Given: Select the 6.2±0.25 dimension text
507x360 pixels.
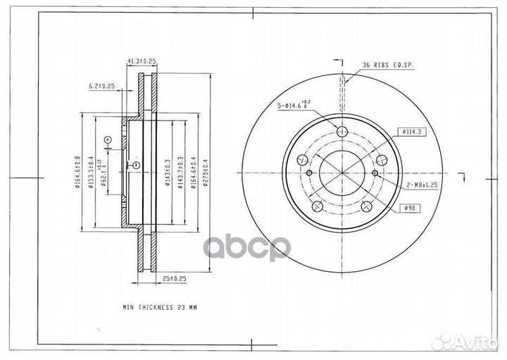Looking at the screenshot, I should click(102, 86).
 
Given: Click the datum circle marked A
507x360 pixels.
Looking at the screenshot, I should click(107, 140).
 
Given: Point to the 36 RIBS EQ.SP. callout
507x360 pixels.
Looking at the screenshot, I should click(387, 65).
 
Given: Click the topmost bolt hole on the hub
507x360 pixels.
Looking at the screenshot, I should click(343, 132).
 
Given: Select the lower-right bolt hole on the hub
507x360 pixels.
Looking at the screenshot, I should click(367, 206).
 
